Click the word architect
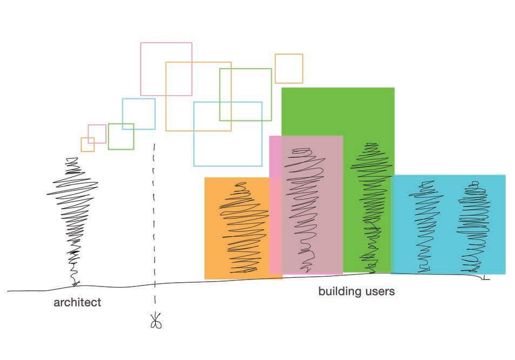click(x=77, y=302)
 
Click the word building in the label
click(x=339, y=292)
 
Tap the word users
click(x=379, y=292)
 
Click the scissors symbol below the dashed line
click(x=157, y=322)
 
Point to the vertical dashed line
click(x=155, y=216)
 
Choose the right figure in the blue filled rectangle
click(x=473, y=227)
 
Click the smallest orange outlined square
click(x=88, y=144)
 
